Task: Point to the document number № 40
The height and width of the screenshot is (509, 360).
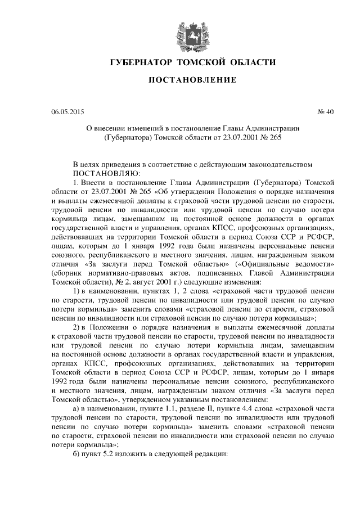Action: coord(326,111)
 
